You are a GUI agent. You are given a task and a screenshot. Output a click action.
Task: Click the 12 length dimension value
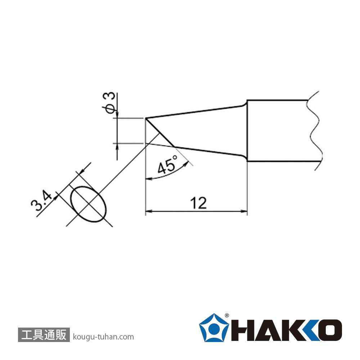click(x=198, y=203)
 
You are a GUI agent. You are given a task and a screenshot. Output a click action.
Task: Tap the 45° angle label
click(x=168, y=165)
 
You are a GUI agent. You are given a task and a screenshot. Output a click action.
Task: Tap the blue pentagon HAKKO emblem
click(x=214, y=328)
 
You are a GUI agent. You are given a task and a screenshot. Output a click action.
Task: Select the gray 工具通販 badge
click(x=44, y=335)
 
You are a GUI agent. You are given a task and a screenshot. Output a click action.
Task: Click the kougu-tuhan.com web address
click(x=103, y=337)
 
